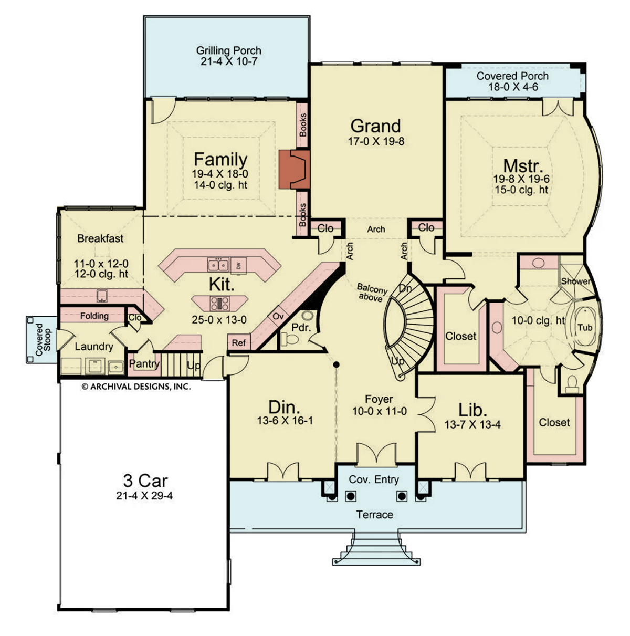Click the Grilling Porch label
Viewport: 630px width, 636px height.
coord(228,51)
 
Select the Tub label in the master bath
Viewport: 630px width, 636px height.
coord(585,328)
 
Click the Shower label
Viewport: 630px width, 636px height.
coord(575,281)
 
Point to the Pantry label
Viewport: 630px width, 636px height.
coord(144,363)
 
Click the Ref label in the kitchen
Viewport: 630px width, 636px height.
coord(239,343)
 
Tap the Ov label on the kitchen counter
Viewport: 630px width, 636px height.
coord(277,317)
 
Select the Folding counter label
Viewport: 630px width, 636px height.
coord(94,316)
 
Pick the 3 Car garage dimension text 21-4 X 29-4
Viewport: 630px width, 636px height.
coord(145,495)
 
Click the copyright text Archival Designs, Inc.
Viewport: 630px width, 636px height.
coord(136,387)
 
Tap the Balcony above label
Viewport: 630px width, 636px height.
coord(372,293)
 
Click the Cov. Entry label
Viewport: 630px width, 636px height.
coord(374,479)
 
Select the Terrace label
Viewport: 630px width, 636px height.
coord(374,514)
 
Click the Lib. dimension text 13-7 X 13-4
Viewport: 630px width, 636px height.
coord(472,425)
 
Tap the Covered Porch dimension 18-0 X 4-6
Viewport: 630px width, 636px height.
coord(512,87)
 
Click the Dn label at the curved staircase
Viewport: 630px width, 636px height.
coord(405,289)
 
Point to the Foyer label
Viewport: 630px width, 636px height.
coord(379,399)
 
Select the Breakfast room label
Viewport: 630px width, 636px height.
coord(100,238)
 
